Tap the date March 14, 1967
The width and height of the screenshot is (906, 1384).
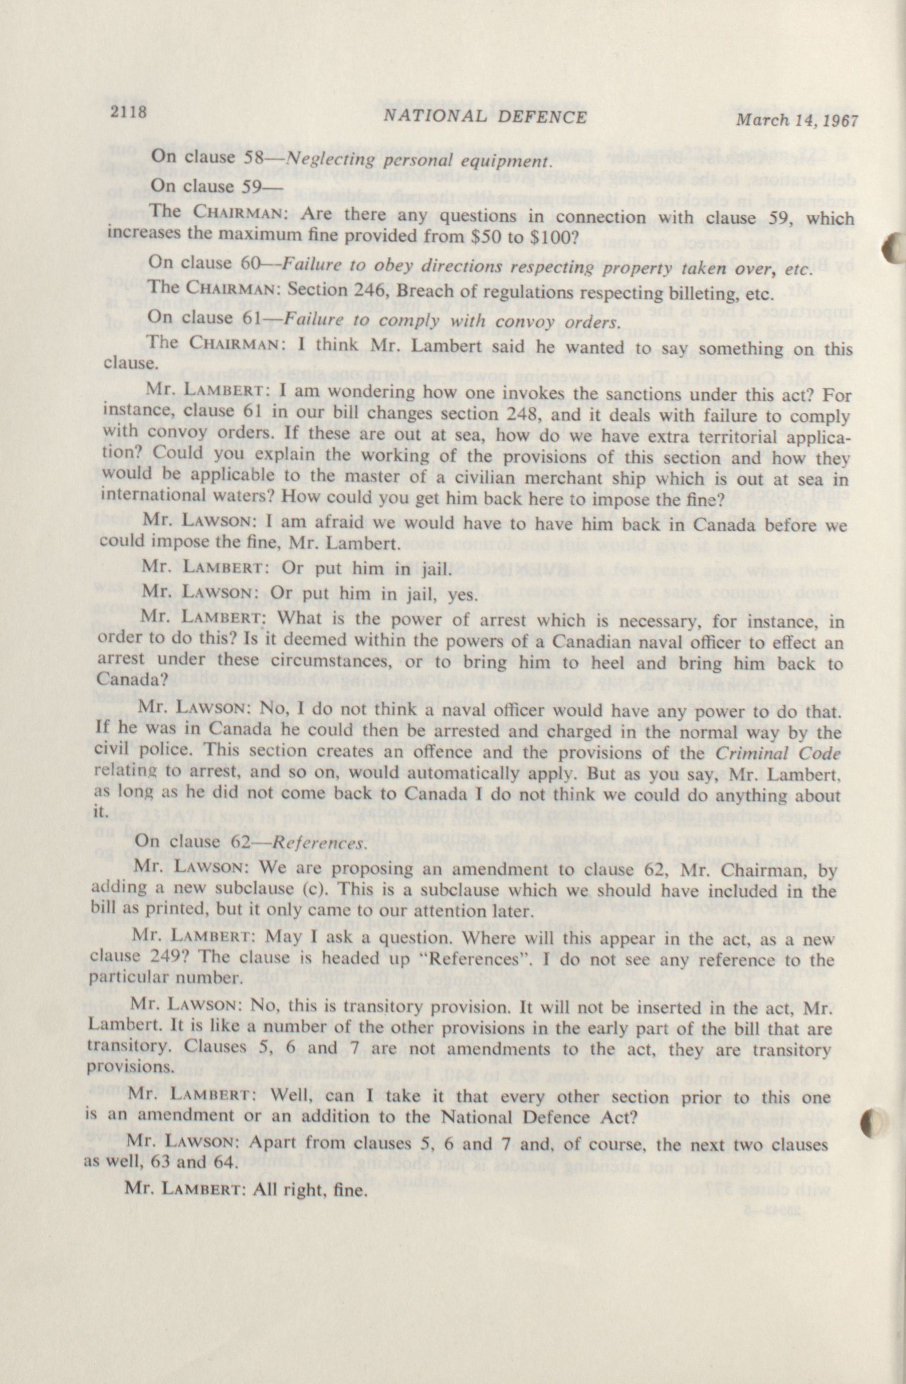(796, 120)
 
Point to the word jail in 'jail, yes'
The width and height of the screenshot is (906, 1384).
(424, 595)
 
